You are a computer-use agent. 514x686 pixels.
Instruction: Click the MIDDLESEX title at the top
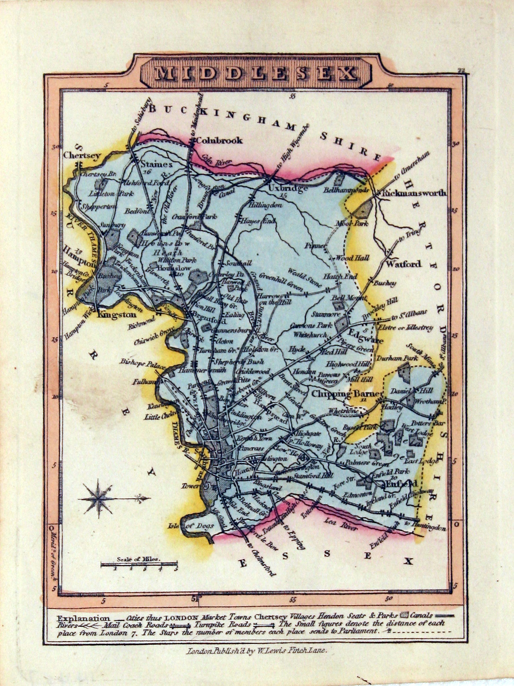click(256, 74)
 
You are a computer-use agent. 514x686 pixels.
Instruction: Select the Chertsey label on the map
click(82, 155)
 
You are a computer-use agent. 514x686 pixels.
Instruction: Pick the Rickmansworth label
click(412, 193)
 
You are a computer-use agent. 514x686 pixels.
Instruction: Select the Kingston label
click(117, 315)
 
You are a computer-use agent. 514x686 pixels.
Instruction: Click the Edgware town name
click(365, 341)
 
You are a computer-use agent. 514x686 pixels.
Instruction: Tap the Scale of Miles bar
click(139, 565)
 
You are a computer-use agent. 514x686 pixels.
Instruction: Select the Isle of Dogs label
click(191, 525)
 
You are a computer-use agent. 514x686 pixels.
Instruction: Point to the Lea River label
click(341, 524)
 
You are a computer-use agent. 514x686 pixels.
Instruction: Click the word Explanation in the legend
click(83, 618)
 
